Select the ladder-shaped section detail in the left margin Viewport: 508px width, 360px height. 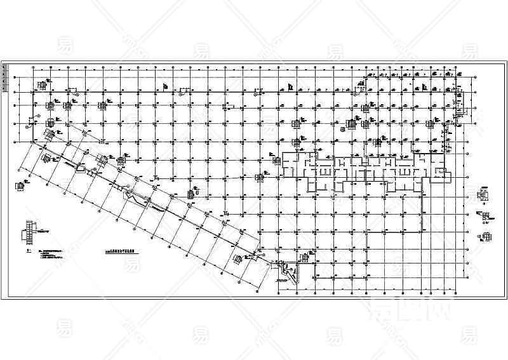tap(29, 231)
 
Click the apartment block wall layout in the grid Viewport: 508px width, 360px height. tap(356, 170)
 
